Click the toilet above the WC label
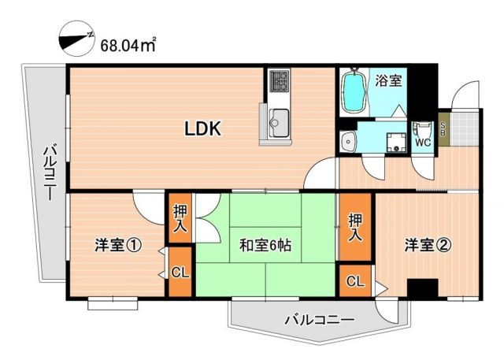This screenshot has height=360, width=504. [423, 129]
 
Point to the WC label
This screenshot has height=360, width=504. [422, 143]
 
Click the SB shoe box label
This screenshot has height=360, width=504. [443, 127]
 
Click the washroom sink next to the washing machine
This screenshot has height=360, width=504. [349, 141]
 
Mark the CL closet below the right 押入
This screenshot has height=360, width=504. [356, 281]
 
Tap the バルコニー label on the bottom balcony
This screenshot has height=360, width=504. [318, 320]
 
